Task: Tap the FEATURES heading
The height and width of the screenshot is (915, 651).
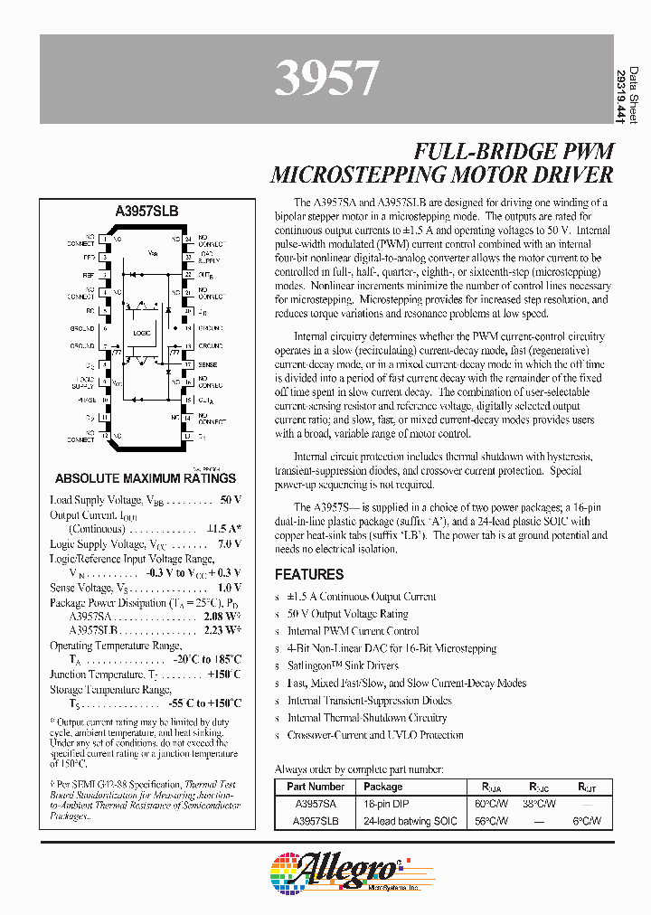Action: point(309,574)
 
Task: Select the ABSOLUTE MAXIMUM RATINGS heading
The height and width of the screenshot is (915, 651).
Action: point(146,478)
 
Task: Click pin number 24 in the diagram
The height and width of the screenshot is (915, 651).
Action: point(187,240)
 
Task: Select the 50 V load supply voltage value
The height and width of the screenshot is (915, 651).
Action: point(231,500)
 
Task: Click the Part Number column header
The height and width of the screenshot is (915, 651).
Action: point(316,787)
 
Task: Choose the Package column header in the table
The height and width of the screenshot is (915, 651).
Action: point(383,787)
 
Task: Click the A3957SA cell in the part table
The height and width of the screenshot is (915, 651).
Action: point(316,804)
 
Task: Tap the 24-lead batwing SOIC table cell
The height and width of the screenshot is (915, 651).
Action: point(410,821)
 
